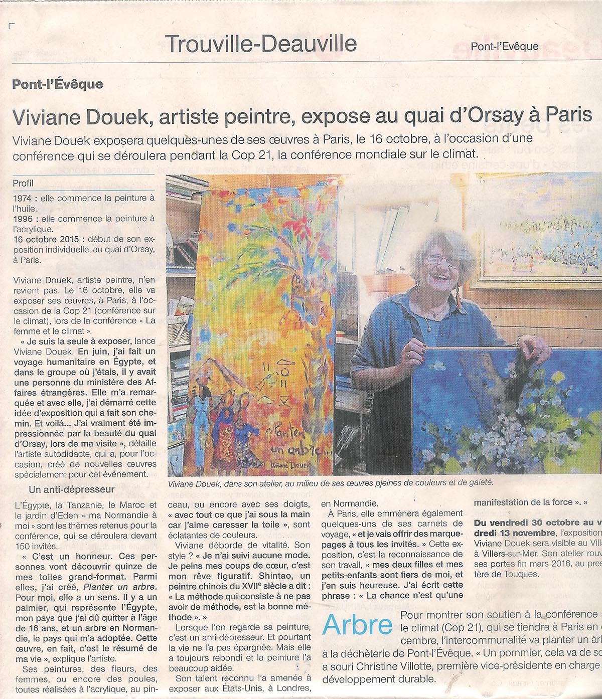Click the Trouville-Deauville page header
pyautogui.click(x=261, y=44)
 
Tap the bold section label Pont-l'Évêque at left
pyautogui.click(x=58, y=84)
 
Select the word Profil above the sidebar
pyautogui.click(x=23, y=183)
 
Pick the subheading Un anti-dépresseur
pyautogui.click(x=72, y=489)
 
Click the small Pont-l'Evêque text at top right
pyautogui.click(x=504, y=47)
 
